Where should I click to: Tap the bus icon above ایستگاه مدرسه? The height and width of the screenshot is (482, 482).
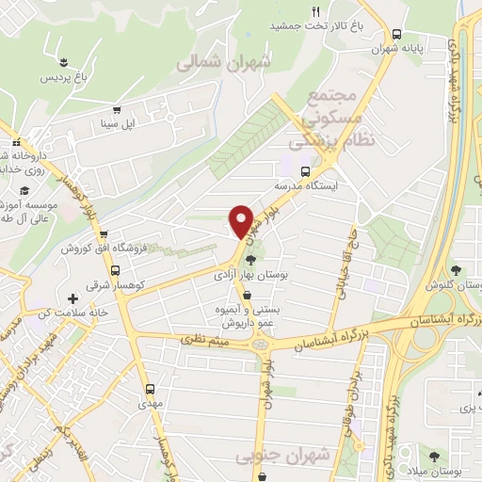pos(304,171)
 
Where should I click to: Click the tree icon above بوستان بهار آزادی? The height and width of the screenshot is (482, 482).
pos(250,259)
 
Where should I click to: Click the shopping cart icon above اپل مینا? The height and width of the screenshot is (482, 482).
pos(117,108)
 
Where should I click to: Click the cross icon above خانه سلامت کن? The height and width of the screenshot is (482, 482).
pos(72,298)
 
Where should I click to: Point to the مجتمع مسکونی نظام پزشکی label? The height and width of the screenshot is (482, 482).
pos(329,117)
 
